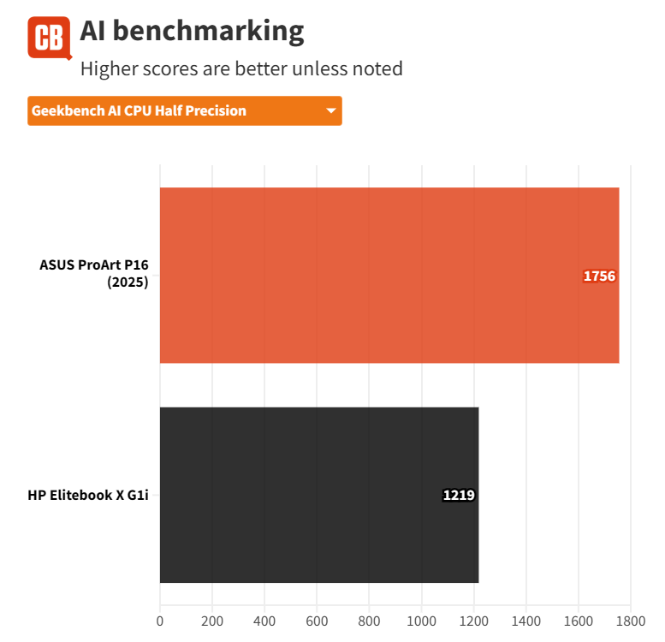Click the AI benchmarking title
tap(192, 32)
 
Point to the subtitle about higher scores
tap(241, 68)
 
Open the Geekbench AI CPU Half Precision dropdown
tap(184, 110)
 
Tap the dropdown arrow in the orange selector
tap(330, 110)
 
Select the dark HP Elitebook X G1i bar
tap(318, 495)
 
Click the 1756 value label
tap(599, 276)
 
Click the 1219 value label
tap(459, 495)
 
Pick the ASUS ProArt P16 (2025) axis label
tap(94, 275)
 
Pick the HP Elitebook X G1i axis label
tap(88, 495)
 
